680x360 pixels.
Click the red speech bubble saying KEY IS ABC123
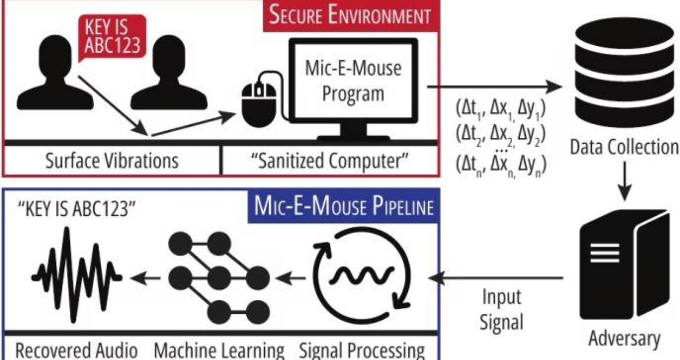[x=112, y=38]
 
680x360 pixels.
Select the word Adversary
[x=624, y=339]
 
